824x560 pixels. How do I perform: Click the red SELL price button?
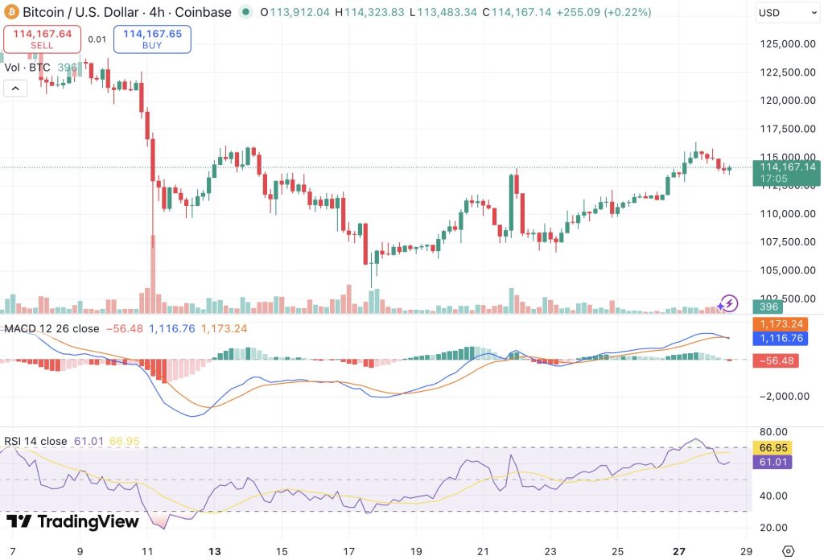coord(42,39)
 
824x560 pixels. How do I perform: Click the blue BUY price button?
coord(152,39)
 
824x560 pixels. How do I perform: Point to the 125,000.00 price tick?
coord(784,44)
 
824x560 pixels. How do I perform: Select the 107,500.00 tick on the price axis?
coord(784,242)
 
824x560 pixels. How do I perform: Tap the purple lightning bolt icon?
coord(728,303)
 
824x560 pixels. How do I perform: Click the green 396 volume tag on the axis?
coord(769,307)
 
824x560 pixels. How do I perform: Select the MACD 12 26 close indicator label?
coord(52,328)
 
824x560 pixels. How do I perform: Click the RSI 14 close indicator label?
coord(37,441)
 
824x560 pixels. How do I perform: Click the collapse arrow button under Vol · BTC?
coord(15,89)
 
